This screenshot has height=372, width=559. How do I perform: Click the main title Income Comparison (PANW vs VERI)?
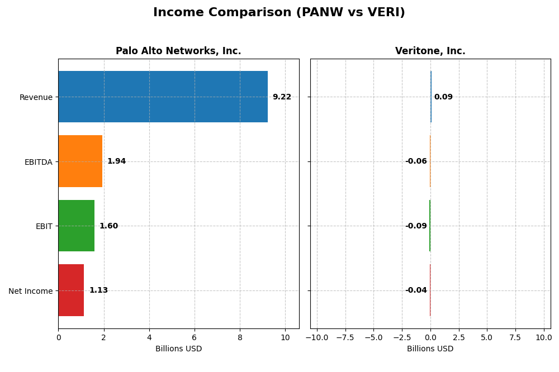tap(279, 12)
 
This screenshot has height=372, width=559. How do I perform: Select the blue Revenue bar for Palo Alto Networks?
tap(163, 97)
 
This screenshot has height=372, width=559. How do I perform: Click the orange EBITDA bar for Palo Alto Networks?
tap(80, 161)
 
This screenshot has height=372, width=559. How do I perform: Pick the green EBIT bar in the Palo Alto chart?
tap(76, 226)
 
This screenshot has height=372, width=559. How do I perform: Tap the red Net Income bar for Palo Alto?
tap(71, 290)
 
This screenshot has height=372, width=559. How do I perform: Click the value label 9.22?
tap(282, 97)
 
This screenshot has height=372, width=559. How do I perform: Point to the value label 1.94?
tap(116, 161)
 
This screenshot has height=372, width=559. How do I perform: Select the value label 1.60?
tap(108, 226)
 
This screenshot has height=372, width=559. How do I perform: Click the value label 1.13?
tap(98, 290)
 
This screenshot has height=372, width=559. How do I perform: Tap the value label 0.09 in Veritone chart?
tap(443, 97)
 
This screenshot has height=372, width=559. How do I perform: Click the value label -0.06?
tap(416, 161)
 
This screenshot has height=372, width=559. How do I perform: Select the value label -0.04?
tap(416, 290)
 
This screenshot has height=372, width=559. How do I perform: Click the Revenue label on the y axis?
tap(36, 97)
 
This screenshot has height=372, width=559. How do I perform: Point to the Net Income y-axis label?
tap(31, 291)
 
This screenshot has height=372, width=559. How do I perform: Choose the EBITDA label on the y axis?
tap(38, 162)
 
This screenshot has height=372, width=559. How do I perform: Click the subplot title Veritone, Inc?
tap(430, 51)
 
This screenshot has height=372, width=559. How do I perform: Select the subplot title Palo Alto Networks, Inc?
tap(178, 51)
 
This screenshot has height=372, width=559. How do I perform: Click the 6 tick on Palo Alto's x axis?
tap(195, 338)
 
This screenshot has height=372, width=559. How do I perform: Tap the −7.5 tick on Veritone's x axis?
tap(345, 338)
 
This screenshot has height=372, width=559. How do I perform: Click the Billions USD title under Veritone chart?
tap(430, 349)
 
